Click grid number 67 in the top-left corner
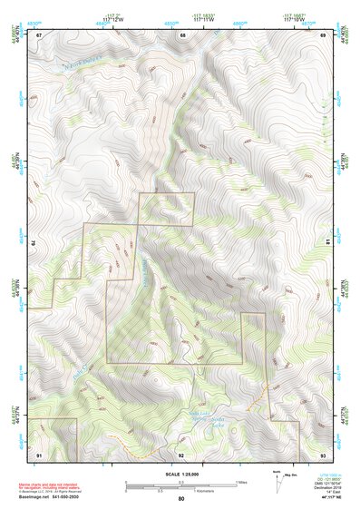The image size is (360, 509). (x=40, y=34)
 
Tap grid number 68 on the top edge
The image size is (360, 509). (x=182, y=34)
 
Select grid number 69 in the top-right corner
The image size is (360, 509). (x=323, y=34)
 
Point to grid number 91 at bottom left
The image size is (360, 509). (x=40, y=453)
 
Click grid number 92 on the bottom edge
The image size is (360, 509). (x=181, y=453)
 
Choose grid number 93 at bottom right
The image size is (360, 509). (x=323, y=453)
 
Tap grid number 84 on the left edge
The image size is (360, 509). (x=34, y=244)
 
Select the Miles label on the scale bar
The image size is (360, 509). (x=240, y=482)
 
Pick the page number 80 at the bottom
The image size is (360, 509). (x=181, y=499)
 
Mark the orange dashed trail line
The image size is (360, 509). (x=265, y=392)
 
